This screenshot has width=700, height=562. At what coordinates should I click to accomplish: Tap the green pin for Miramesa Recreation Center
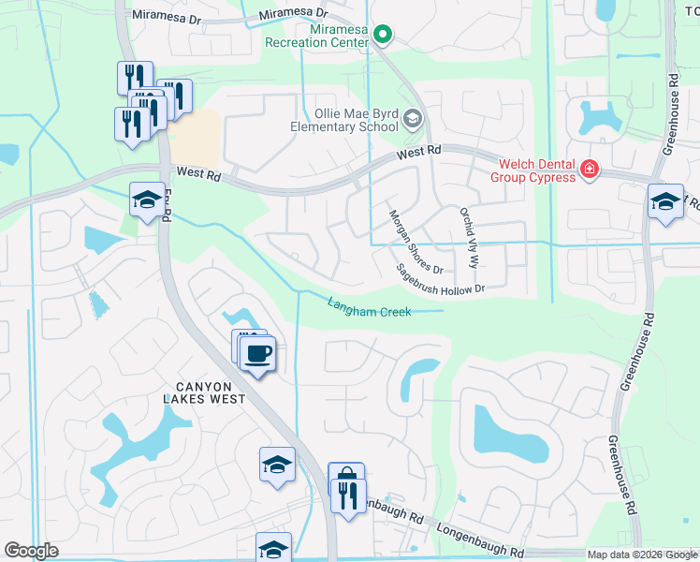(x=383, y=35)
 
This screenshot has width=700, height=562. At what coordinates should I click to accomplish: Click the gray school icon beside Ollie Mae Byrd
(x=415, y=119)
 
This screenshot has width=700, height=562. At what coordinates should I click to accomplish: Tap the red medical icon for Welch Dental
(x=589, y=170)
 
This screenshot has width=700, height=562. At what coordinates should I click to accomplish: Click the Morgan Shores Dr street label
(x=416, y=242)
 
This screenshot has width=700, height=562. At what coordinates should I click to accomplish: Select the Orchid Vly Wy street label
(x=468, y=237)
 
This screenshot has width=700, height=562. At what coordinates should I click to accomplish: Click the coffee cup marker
(x=258, y=354)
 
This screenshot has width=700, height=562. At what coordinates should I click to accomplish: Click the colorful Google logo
(x=31, y=551)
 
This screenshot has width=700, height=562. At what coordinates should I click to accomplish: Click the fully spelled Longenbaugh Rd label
(x=479, y=540)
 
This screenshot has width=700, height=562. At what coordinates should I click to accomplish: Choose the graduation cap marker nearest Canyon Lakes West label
(x=277, y=466)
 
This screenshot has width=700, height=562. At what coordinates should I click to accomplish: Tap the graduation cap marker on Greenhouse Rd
(x=665, y=202)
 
